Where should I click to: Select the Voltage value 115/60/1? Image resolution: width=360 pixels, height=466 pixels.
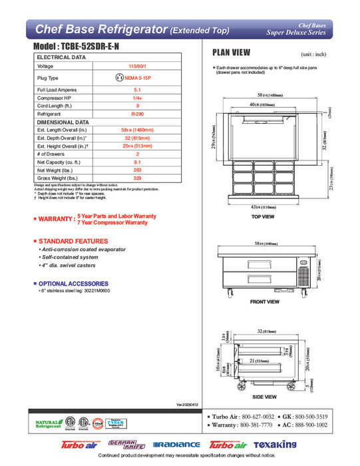click(x=136, y=67)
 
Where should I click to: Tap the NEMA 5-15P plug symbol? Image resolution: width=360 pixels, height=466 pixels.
click(x=120, y=77)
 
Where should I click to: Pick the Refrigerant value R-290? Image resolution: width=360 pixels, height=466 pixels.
click(x=136, y=114)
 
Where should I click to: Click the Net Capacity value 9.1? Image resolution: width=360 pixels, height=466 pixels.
click(x=136, y=162)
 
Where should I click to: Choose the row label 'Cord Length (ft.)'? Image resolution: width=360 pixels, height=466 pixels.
click(x=55, y=105)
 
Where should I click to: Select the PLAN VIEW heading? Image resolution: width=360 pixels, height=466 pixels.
click(x=231, y=53)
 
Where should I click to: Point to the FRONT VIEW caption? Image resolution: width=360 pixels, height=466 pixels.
click(x=265, y=302)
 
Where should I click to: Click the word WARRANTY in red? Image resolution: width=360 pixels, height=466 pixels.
click(x=56, y=218)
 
